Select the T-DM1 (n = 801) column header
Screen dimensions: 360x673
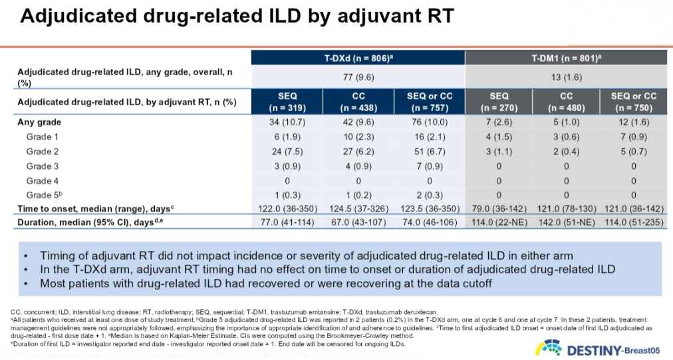point(566,59)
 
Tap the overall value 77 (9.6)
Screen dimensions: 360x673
point(358,77)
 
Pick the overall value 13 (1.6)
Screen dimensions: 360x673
point(566,77)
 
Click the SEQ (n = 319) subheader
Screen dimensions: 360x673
point(287,101)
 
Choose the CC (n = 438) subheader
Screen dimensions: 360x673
point(358,101)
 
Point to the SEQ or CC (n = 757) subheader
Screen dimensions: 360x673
point(429,101)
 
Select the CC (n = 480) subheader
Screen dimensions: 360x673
point(566,101)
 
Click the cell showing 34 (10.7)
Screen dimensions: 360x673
point(287,122)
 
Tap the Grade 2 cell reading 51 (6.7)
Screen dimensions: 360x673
point(429,152)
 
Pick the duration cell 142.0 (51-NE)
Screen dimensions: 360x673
point(566,222)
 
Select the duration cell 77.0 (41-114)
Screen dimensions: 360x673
point(287,222)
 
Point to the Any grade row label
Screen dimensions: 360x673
point(39,122)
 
